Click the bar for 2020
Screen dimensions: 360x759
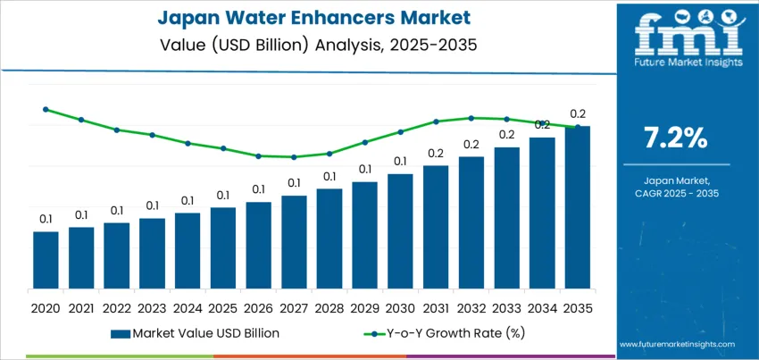[x=46, y=260]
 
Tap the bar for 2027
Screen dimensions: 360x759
[x=294, y=242]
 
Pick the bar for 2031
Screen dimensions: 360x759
[x=436, y=227]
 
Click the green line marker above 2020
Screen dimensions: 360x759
[x=46, y=109]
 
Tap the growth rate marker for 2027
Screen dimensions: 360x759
[x=294, y=157]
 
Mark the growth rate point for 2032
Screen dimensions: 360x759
[x=471, y=117]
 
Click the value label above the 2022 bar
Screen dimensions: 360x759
[x=117, y=211]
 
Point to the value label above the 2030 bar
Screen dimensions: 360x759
[x=400, y=162]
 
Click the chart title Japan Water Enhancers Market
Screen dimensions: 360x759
[x=308, y=17]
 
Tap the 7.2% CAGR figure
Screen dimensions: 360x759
[x=676, y=138]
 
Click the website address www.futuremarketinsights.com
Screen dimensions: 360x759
[x=676, y=344]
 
